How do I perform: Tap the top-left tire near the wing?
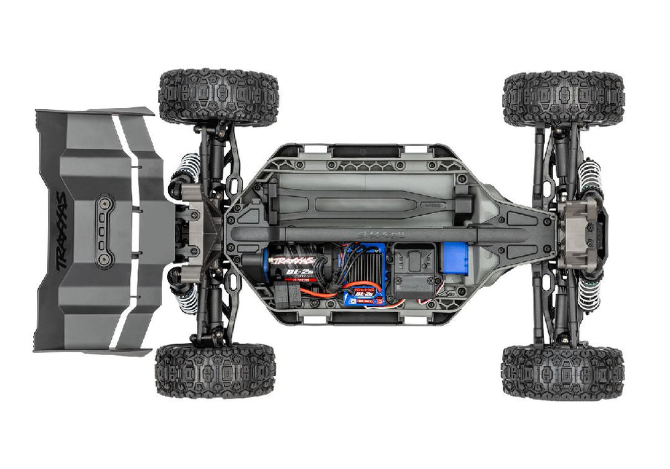point(218,97)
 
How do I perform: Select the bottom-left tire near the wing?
point(215,371)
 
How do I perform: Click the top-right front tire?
point(563,99)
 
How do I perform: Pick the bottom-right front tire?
point(562,372)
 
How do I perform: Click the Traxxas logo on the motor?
point(292,260)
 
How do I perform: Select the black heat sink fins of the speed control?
point(365,264)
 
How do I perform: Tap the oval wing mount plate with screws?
point(104,231)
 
